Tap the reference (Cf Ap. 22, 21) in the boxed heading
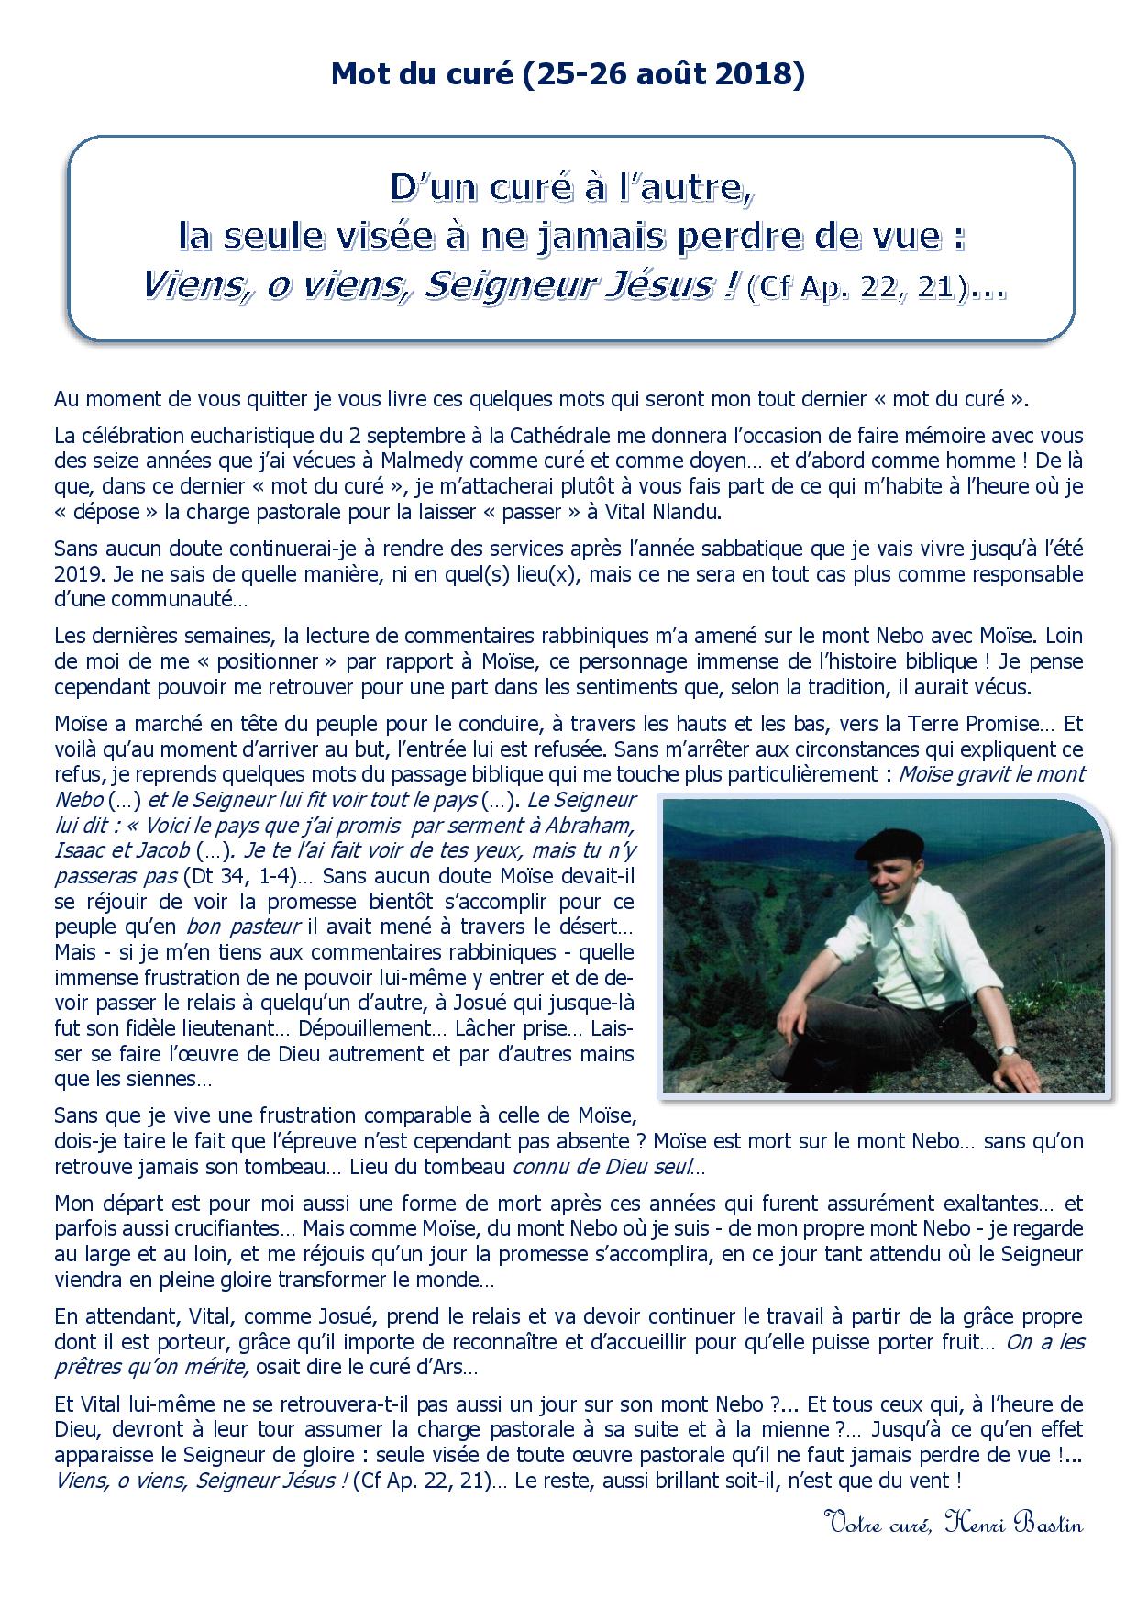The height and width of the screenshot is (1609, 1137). coord(859,289)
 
